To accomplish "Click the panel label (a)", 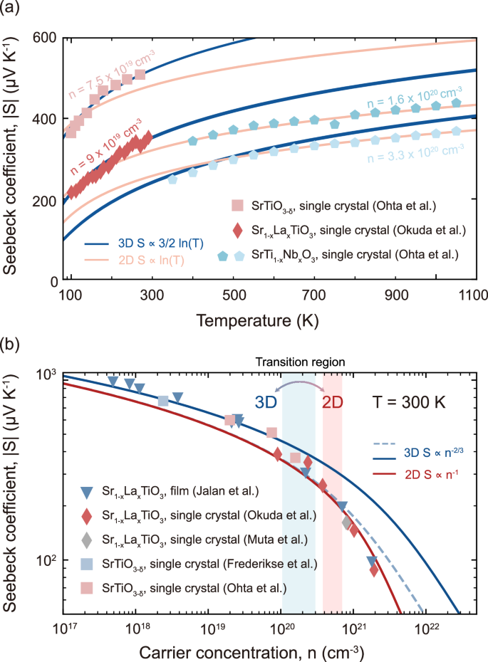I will point(14,10).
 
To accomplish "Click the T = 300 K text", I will point(411,401).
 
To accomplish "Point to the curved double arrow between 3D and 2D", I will point(296,385).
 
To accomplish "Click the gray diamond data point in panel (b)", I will point(347,523).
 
